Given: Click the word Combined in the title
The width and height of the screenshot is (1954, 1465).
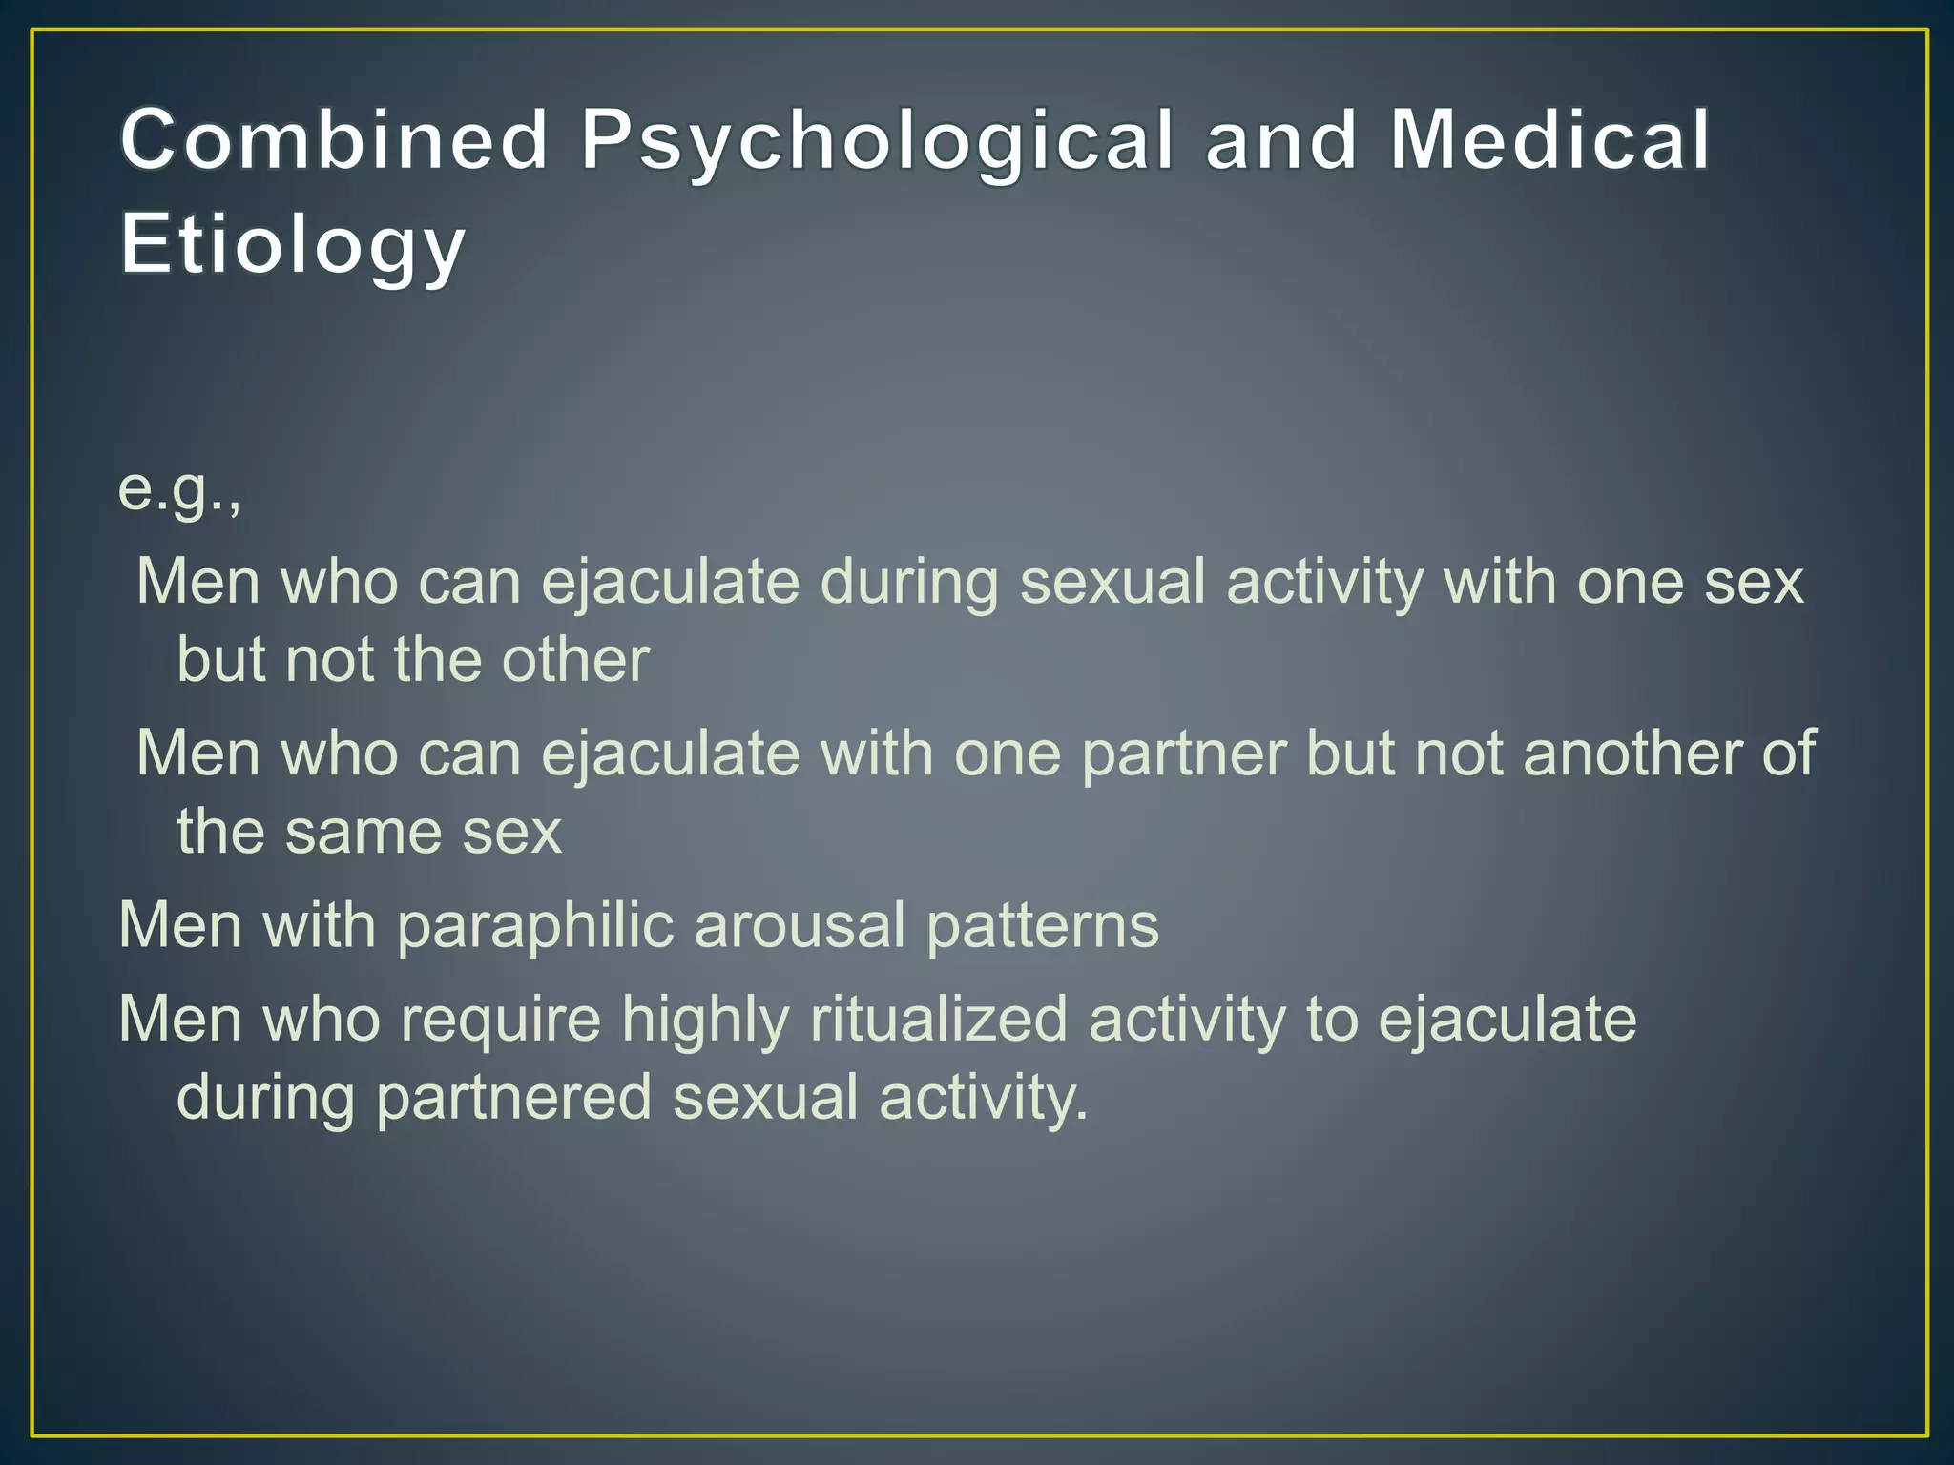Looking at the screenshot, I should point(334,140).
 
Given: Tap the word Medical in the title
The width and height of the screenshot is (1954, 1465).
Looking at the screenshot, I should point(1549,140).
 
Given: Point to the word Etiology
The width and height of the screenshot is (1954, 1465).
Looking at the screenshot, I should point(293,245).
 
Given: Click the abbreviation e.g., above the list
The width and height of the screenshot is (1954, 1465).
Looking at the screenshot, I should point(179,488).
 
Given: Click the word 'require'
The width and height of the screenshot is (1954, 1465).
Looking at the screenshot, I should point(500,1019).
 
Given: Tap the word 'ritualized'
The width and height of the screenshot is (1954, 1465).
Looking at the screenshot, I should point(939,1019).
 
